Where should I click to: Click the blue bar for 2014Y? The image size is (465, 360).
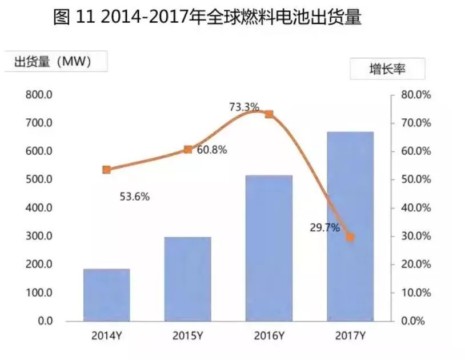pos(106,295)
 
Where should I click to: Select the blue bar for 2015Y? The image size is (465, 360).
pos(187,279)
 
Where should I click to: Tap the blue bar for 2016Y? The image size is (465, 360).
pos(269,248)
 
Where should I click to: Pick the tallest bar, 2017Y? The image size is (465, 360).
pos(350,226)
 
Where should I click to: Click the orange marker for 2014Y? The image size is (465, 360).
pos(106,170)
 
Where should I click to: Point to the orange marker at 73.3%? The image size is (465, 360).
pos(269,114)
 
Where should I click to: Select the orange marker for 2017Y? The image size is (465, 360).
pos(350,237)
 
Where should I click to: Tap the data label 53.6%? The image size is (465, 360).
pos(135,197)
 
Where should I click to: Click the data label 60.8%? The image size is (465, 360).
pos(212,150)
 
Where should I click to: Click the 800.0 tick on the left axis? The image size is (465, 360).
pos(38,95)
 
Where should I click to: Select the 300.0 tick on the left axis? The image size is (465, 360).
pos(38,236)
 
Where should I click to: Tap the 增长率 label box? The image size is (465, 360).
pos(387,70)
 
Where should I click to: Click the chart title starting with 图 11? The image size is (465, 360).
pos(207,17)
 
